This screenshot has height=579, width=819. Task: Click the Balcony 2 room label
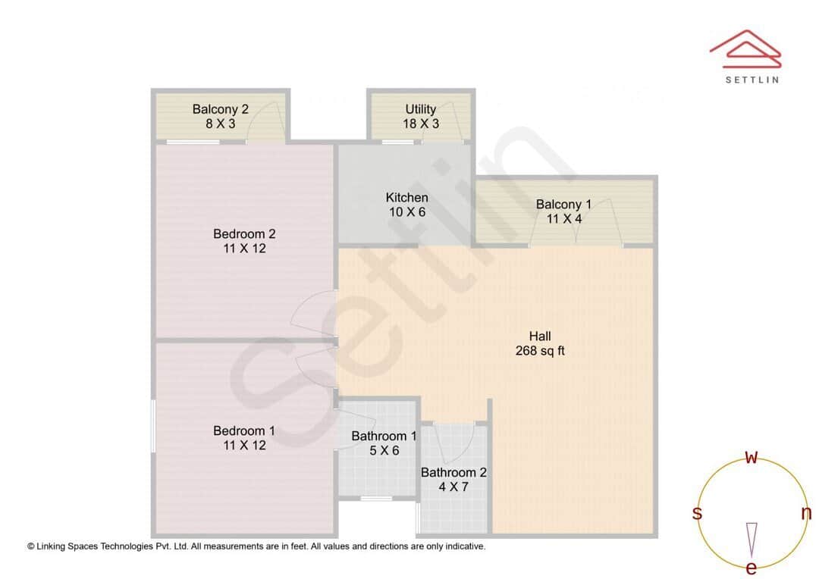220,109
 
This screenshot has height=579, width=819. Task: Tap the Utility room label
421,109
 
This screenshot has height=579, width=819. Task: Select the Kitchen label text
407,198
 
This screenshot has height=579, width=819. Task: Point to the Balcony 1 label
563,204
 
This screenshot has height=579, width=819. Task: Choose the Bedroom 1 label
244,430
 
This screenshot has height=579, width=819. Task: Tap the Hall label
540,336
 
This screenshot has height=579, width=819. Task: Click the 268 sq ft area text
540,351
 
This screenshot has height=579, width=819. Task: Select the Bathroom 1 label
384,436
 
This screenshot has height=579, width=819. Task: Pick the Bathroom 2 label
453,472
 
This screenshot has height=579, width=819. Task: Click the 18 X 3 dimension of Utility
421,124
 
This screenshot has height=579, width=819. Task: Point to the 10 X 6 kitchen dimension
407,212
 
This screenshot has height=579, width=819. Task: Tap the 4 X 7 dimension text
453,487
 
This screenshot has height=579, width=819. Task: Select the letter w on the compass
752,457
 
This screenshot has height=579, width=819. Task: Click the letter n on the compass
806,513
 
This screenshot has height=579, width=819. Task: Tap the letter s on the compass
697,513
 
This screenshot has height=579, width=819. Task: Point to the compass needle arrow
752,539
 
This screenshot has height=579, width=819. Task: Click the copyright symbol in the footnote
31,546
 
